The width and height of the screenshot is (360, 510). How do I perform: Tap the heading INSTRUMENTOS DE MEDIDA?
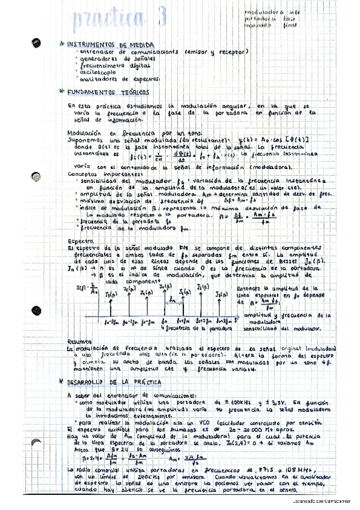pyautogui.click(x=111, y=45)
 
